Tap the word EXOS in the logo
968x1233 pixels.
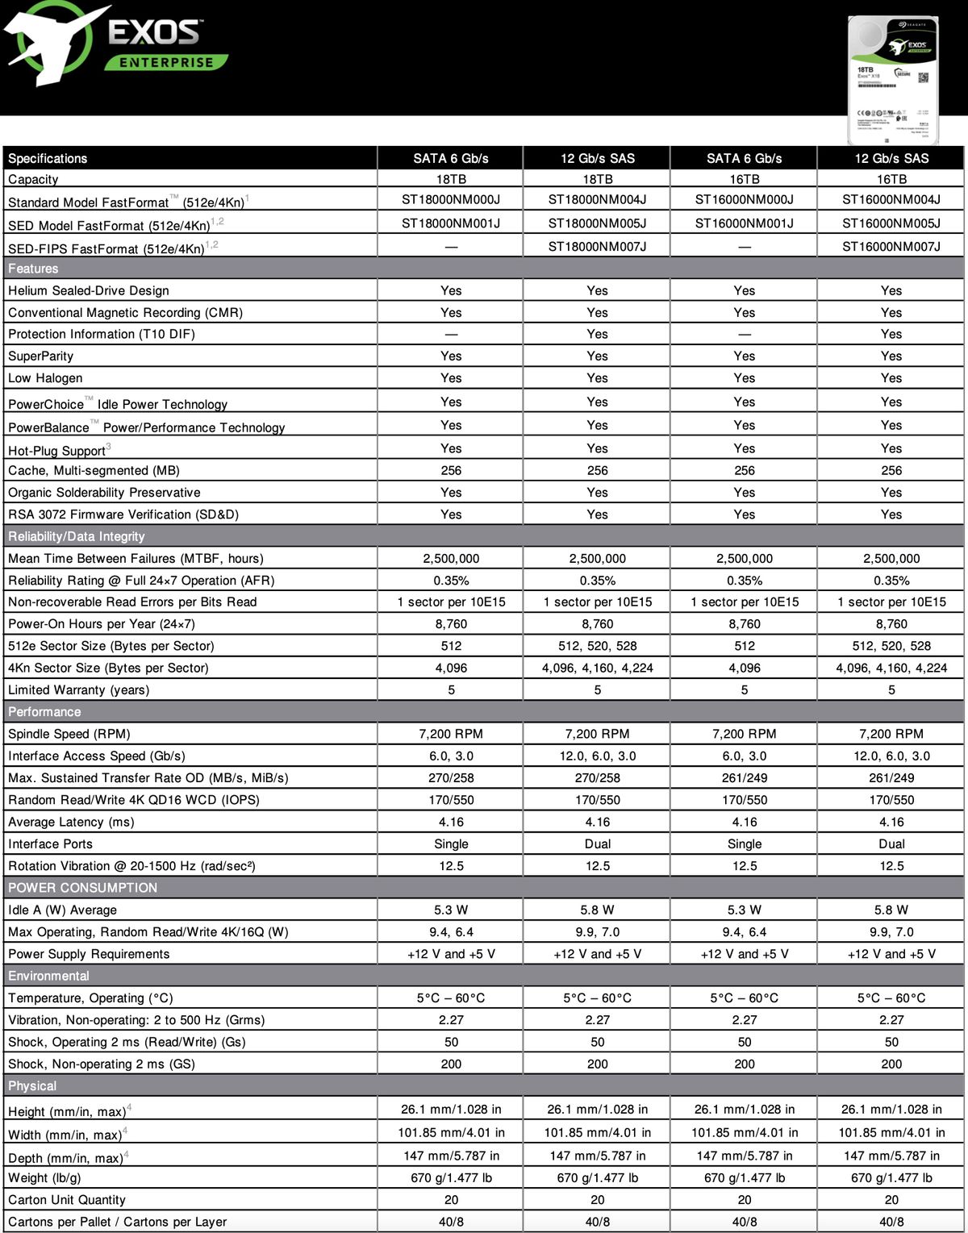[154, 31]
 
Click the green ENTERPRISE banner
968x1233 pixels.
[166, 62]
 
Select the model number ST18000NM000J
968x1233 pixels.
[451, 200]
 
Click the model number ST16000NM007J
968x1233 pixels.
[891, 247]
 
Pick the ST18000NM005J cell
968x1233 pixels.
[597, 223]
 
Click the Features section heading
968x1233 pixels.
[33, 269]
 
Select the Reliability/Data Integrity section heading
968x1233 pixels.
[77, 536]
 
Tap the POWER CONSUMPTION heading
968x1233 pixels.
[82, 888]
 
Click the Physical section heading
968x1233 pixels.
[32, 1086]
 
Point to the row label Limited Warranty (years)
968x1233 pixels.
[78, 690]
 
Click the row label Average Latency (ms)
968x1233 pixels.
[71, 822]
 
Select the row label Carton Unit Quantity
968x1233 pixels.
[67, 1200]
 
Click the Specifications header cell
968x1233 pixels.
[48, 158]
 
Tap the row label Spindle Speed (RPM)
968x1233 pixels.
[69, 734]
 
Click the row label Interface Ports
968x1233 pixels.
[50, 844]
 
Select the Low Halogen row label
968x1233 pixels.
[45, 378]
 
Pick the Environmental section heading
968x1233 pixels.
[48, 976]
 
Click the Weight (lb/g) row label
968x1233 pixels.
[44, 1178]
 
